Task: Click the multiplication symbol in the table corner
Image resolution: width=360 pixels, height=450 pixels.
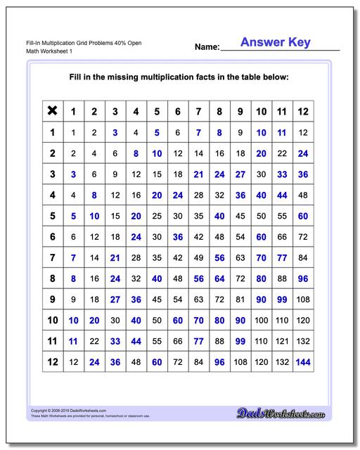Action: point(52,111)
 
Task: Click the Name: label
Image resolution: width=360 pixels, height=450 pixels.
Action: point(207,48)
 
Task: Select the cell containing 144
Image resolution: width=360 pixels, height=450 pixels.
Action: point(303,362)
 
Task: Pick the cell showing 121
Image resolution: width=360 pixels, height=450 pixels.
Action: point(282,342)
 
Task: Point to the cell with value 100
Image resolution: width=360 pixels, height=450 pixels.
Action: point(261,321)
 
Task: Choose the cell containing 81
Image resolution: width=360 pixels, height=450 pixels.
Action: point(240,300)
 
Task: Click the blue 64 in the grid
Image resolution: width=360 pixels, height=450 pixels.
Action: point(219,278)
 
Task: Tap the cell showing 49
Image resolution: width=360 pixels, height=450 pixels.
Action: point(198,258)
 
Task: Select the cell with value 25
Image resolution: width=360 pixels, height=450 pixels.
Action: point(157,216)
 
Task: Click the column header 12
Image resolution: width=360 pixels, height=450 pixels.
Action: point(303,111)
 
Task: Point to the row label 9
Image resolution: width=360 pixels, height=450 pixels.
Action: point(52,300)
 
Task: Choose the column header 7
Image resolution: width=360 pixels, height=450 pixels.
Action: point(198,111)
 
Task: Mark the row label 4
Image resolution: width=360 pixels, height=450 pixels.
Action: point(52,195)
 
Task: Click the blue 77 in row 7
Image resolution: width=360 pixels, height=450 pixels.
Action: point(282,258)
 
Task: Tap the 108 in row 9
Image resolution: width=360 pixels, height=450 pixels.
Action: point(303,300)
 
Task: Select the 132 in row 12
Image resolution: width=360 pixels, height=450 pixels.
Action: point(282,362)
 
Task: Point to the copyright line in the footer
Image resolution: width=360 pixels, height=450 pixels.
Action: point(68,410)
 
